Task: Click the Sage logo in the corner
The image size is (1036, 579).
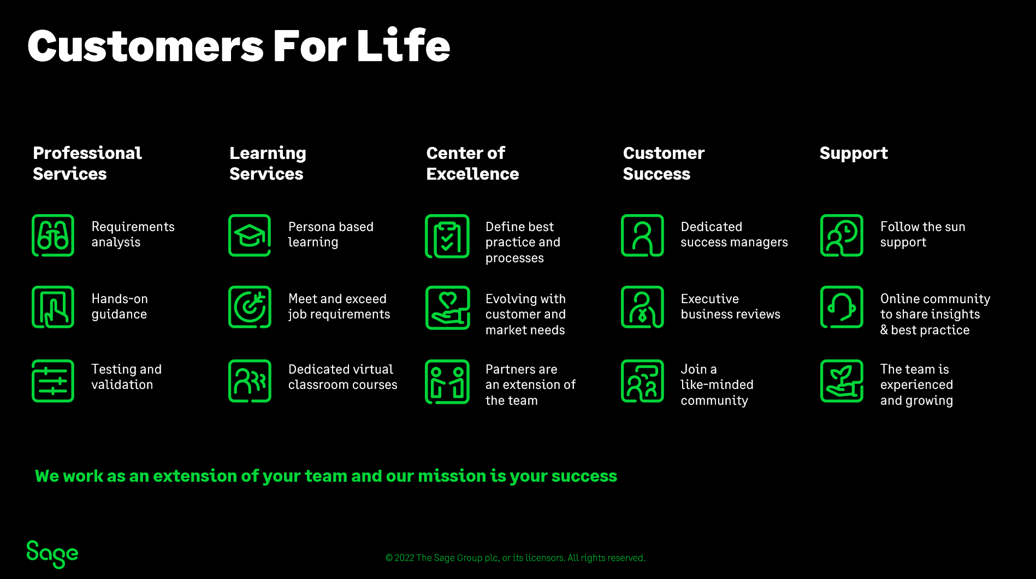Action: click(x=52, y=554)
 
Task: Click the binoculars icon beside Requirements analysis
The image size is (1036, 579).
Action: click(x=53, y=235)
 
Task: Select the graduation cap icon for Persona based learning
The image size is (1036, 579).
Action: click(x=250, y=235)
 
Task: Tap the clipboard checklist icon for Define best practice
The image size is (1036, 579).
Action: click(x=447, y=236)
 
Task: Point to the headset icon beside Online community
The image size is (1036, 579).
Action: click(x=842, y=307)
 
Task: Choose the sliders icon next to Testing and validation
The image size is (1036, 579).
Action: click(x=53, y=381)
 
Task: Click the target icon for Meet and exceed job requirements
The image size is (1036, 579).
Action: click(x=250, y=307)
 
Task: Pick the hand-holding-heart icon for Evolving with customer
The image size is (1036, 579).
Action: click(x=447, y=308)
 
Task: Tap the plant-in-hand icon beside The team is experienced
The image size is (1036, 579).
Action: click(x=842, y=381)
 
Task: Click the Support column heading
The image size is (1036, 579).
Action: click(x=854, y=153)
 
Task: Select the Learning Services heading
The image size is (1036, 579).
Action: click(x=268, y=163)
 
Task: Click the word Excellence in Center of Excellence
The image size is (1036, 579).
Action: click(x=472, y=174)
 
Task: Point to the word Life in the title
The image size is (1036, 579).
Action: click(x=404, y=46)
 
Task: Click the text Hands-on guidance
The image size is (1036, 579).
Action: click(x=120, y=306)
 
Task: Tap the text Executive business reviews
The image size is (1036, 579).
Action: click(x=730, y=306)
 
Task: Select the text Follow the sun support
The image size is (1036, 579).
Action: click(x=922, y=234)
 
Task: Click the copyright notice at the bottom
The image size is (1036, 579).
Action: click(x=515, y=558)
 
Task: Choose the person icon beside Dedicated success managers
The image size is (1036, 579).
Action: click(x=642, y=235)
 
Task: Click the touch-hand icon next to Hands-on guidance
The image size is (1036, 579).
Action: click(x=53, y=307)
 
